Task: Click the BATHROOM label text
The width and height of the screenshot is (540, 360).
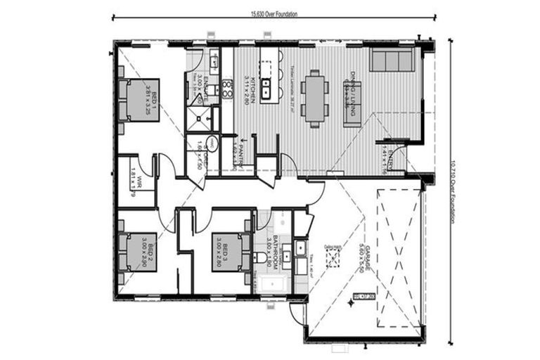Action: point(277,255)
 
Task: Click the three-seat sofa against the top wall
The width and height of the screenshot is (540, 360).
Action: point(392,60)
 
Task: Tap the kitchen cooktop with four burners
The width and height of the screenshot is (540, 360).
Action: point(227,88)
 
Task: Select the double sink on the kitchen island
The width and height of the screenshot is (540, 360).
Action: point(266,89)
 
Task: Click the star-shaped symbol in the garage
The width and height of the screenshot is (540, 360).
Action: point(354,304)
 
